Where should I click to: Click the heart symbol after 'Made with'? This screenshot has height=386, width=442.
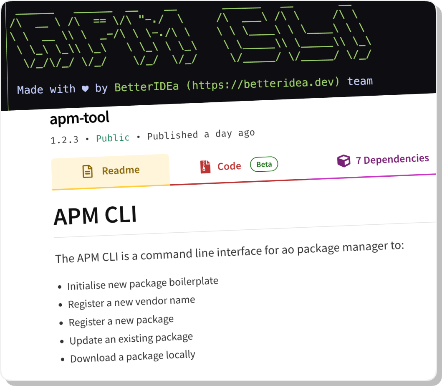click(85, 89)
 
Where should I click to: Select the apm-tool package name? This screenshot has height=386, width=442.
click(80, 118)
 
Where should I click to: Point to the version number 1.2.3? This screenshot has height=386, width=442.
click(64, 140)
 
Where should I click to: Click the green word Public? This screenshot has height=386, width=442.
click(113, 137)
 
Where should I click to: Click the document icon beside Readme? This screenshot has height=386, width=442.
click(87, 172)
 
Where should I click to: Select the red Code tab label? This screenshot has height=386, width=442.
click(229, 166)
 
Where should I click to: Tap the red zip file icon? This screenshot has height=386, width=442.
click(205, 167)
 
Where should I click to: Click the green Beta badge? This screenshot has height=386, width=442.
click(264, 165)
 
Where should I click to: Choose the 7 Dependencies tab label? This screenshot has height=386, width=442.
click(392, 159)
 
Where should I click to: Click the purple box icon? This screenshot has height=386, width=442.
click(343, 161)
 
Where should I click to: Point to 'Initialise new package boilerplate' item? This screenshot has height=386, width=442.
click(142, 283)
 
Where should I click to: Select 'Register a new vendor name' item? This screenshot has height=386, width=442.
click(131, 302)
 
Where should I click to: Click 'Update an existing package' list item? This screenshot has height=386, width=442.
click(131, 338)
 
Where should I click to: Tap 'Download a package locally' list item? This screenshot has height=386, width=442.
click(132, 356)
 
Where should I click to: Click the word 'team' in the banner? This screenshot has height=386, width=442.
click(360, 81)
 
